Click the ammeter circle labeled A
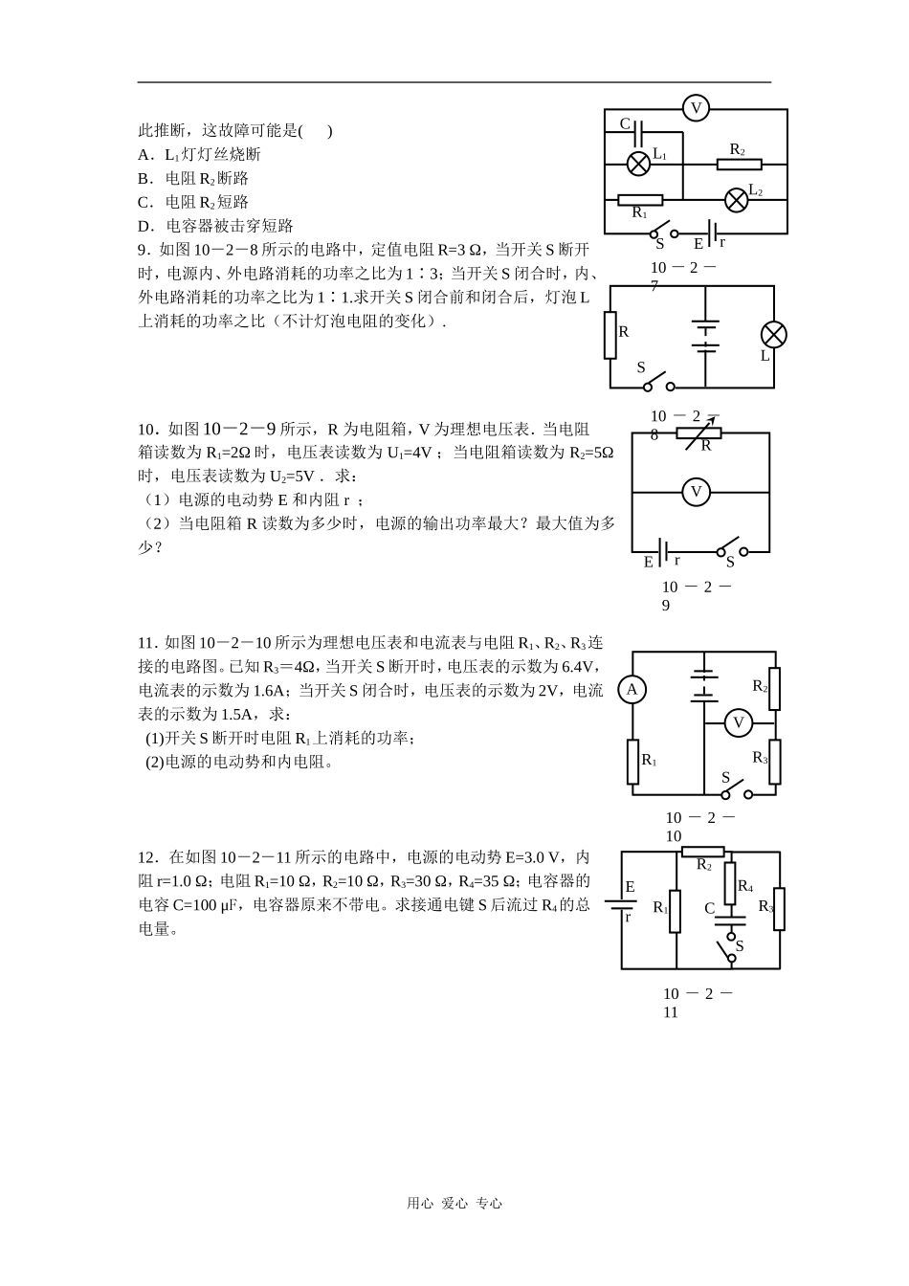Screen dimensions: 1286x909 coord(632,690)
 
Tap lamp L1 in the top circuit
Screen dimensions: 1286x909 coord(638,164)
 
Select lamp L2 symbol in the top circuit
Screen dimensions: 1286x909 coord(736,199)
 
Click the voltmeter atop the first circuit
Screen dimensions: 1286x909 coord(696,109)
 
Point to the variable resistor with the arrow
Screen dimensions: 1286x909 coord(698,432)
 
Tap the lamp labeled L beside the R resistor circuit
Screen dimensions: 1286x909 coord(773,334)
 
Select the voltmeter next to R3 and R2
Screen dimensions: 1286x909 coord(738,722)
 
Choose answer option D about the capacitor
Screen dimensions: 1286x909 coord(215,226)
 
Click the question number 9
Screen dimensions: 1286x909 coord(144,250)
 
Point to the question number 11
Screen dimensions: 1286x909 coord(146,642)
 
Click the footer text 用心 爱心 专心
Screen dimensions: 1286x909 coord(454,1204)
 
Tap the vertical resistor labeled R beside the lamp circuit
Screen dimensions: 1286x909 coord(610,335)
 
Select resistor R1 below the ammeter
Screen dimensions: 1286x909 coord(632,762)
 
